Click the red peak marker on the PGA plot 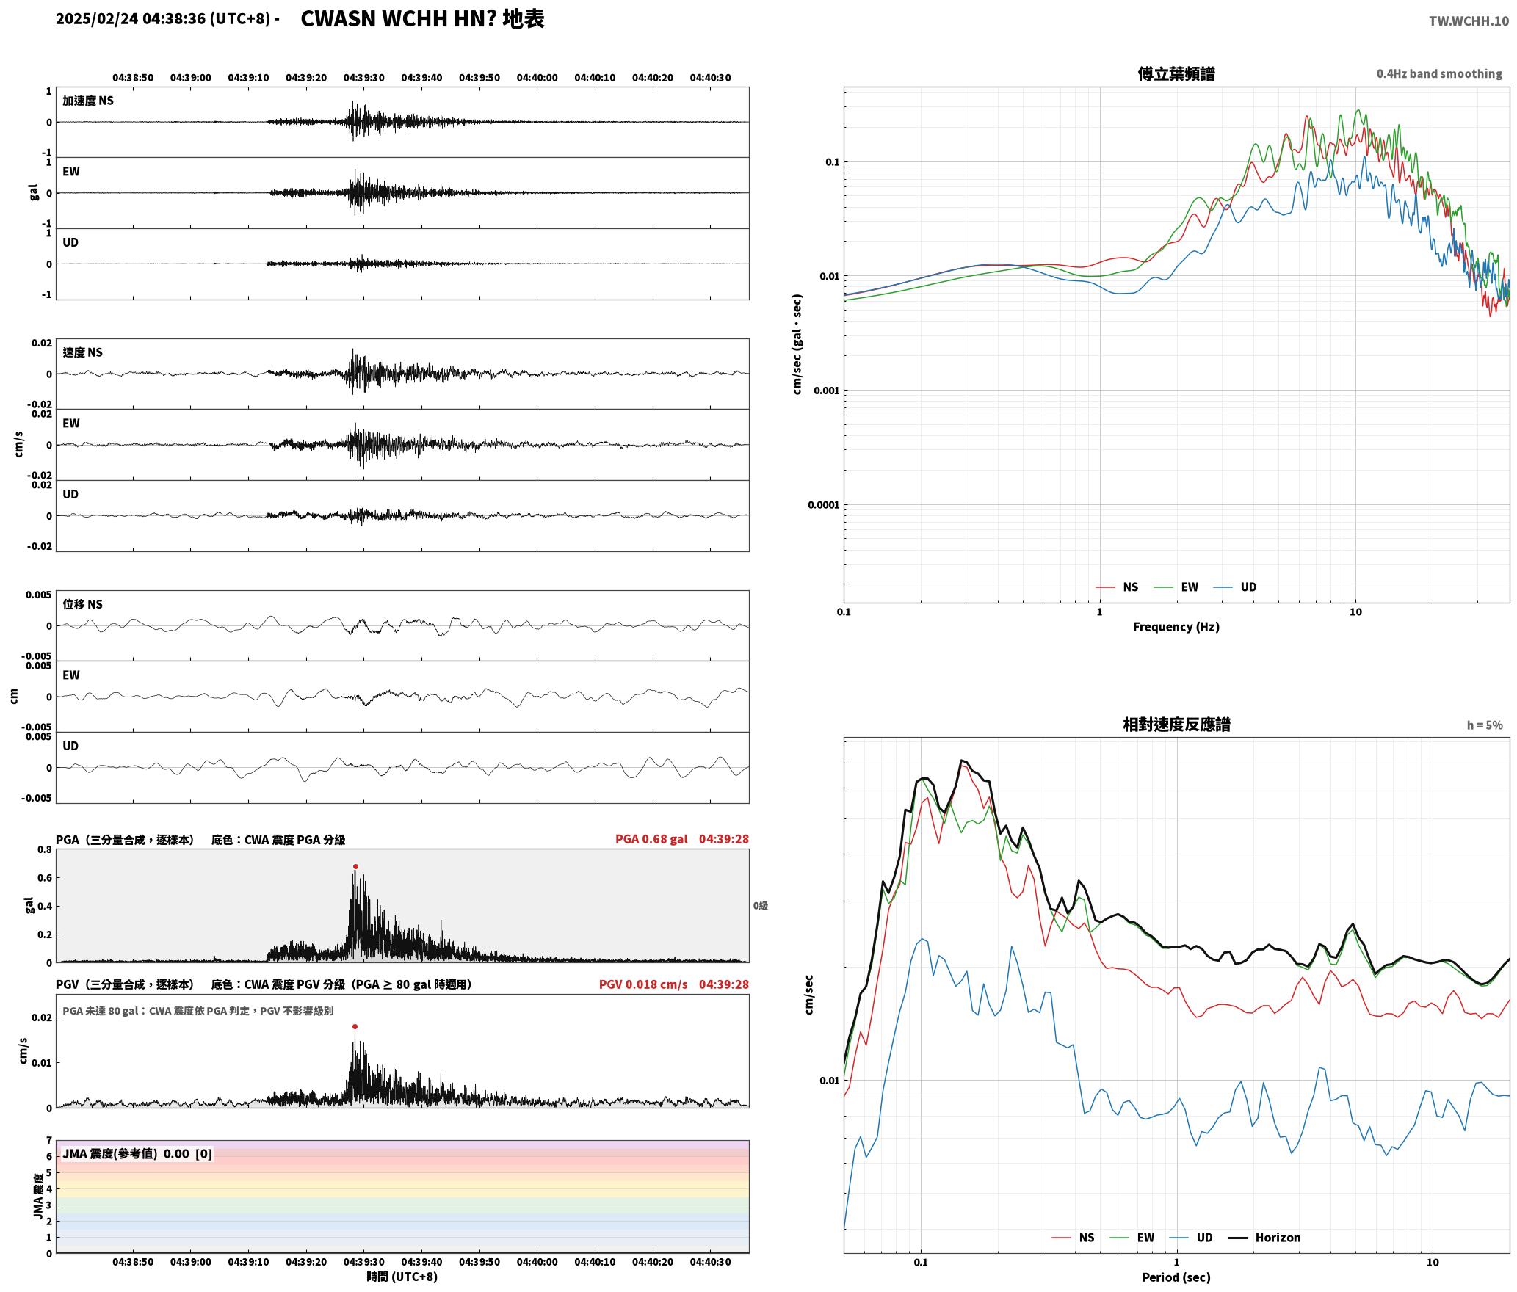(355, 866)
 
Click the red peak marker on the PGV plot (355, 1026)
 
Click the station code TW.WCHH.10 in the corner (1469, 21)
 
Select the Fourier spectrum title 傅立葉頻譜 (1176, 74)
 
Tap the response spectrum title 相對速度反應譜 (1176, 725)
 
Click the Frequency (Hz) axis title (1176, 626)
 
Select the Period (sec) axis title (1176, 1277)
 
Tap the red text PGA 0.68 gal (651, 839)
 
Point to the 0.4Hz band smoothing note (1439, 74)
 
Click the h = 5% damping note (1485, 725)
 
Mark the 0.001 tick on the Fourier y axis (826, 391)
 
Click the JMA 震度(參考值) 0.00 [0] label (137, 1153)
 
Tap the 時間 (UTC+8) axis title (402, 1277)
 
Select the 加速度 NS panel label (88, 101)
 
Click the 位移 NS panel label (82, 604)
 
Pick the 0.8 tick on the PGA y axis (45, 850)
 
